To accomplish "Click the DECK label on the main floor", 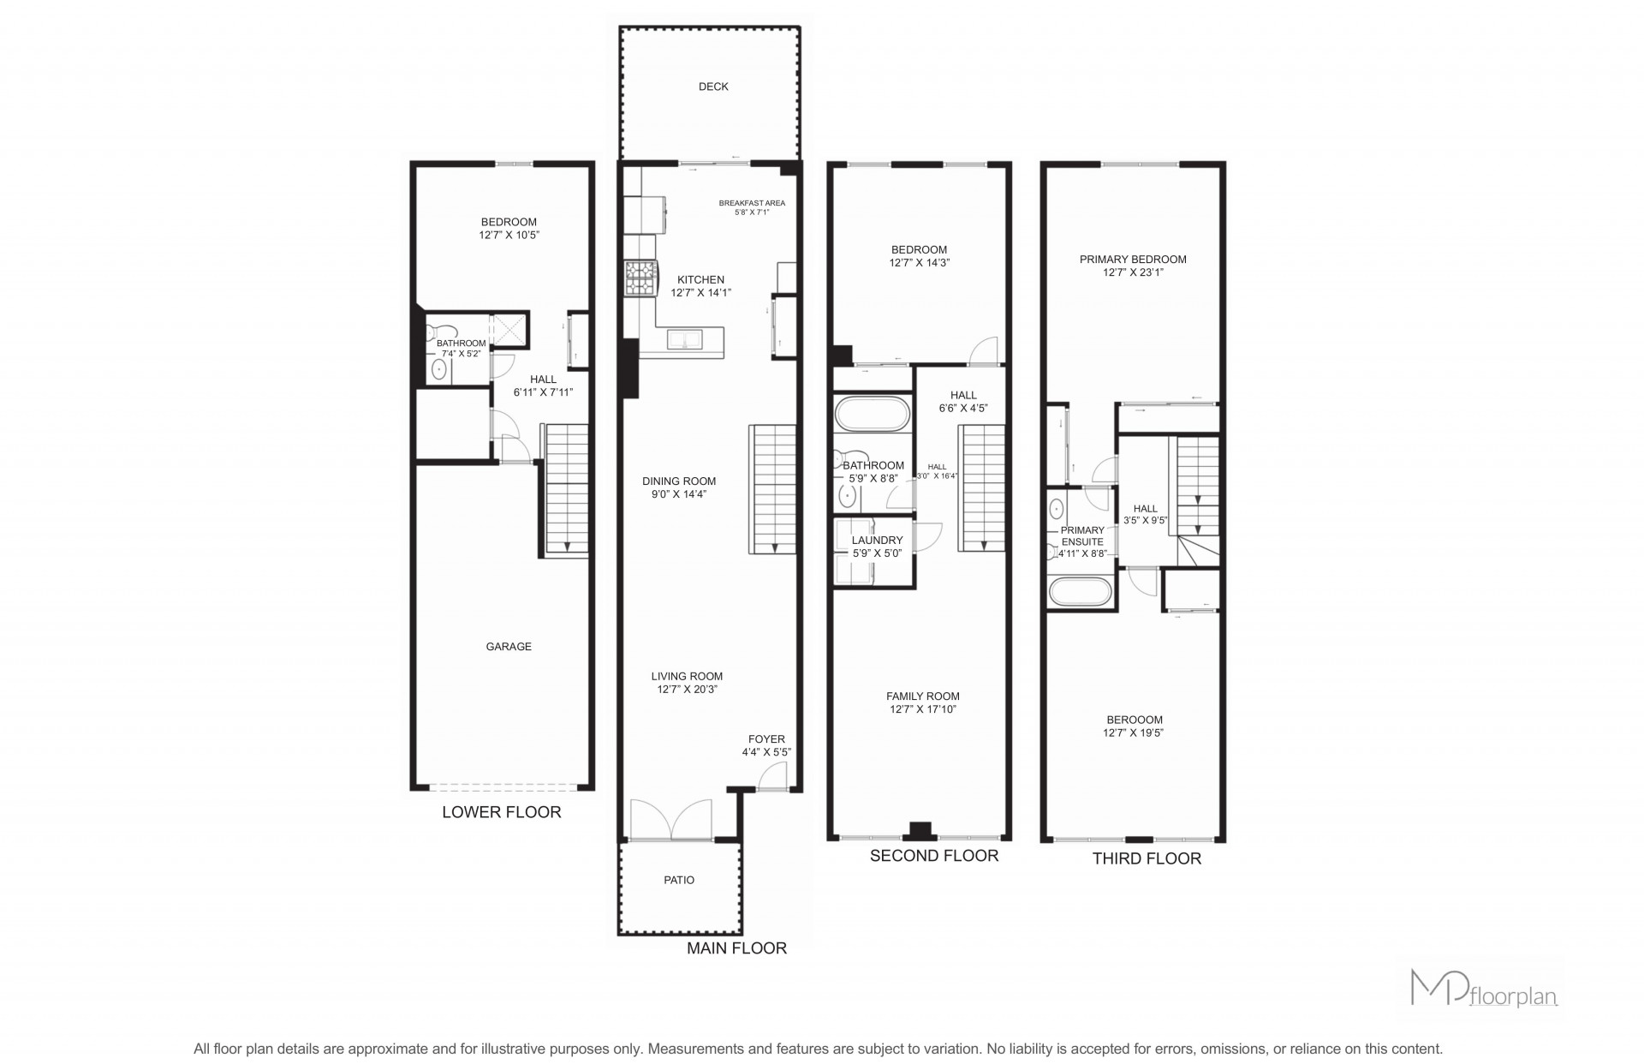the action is pyautogui.click(x=713, y=87).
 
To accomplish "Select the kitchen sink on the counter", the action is pyautogui.click(x=684, y=339).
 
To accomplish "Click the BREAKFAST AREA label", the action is pyautogui.click(x=752, y=203).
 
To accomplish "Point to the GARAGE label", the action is pyautogui.click(x=509, y=647).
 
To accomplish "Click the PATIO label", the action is pyautogui.click(x=679, y=880).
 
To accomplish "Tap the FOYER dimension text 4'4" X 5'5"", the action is pyautogui.click(x=766, y=752).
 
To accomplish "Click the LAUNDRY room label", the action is pyautogui.click(x=877, y=541).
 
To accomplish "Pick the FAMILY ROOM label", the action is pyautogui.click(x=922, y=696).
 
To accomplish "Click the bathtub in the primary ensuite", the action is pyautogui.click(x=1081, y=593).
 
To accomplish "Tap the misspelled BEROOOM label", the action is pyautogui.click(x=1135, y=720).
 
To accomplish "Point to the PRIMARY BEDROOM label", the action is pyautogui.click(x=1133, y=260).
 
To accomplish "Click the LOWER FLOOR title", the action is pyautogui.click(x=502, y=812).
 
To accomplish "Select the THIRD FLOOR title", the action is pyautogui.click(x=1147, y=858).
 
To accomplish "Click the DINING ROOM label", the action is pyautogui.click(x=679, y=481).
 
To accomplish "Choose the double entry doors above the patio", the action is pyautogui.click(x=671, y=819).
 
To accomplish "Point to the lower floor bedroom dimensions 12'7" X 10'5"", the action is pyautogui.click(x=509, y=235).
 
